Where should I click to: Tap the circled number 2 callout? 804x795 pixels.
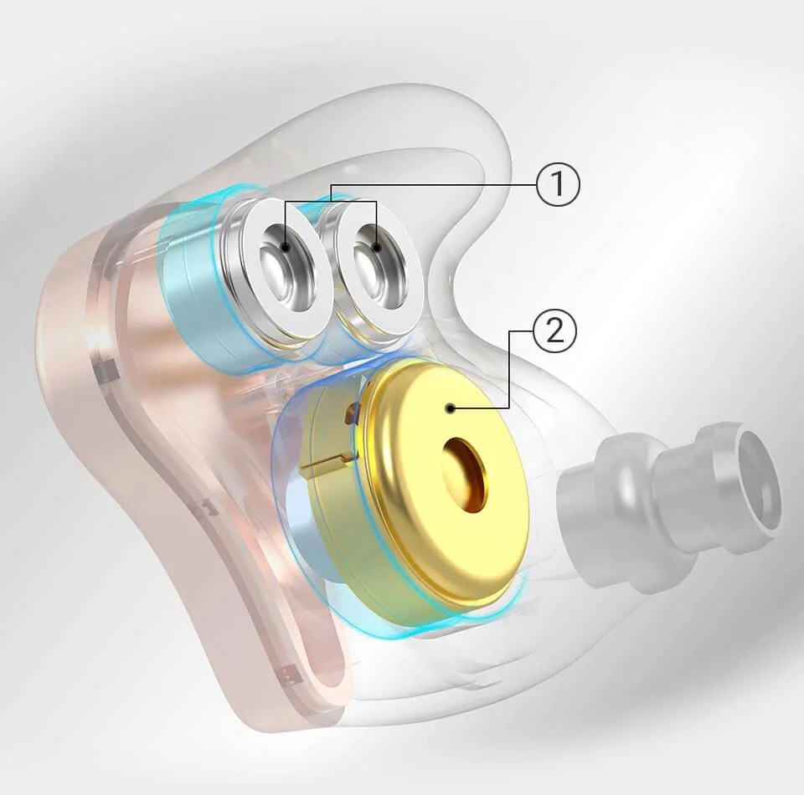[554, 331]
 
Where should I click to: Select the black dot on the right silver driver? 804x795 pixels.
[378, 248]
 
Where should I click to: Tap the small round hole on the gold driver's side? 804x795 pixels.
[353, 410]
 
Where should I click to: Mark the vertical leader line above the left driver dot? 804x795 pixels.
[286, 222]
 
